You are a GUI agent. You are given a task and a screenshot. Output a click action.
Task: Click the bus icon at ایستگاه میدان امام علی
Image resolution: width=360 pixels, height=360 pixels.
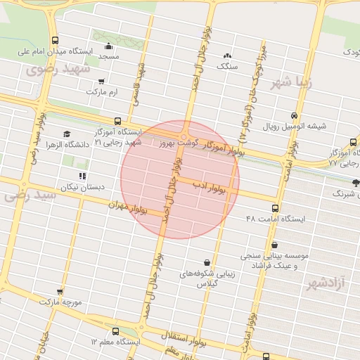click(x=56, y=40)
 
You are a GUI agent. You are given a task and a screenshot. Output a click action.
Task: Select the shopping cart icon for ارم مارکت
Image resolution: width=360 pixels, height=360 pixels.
click(x=102, y=81)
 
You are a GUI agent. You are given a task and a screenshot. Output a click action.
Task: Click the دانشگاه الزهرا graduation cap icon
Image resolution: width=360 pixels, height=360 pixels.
click(x=67, y=134)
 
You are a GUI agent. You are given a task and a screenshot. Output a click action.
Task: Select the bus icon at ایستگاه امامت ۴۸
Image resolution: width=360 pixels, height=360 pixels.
click(x=275, y=208)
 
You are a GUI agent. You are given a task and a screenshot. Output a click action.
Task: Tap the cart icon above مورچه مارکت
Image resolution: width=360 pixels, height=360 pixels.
click(x=60, y=291)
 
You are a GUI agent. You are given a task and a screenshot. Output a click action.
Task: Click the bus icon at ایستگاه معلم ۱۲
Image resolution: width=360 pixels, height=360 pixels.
click(x=115, y=331)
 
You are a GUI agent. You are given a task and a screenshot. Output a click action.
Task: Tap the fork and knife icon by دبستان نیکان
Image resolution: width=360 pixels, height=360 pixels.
click(x=82, y=176)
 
